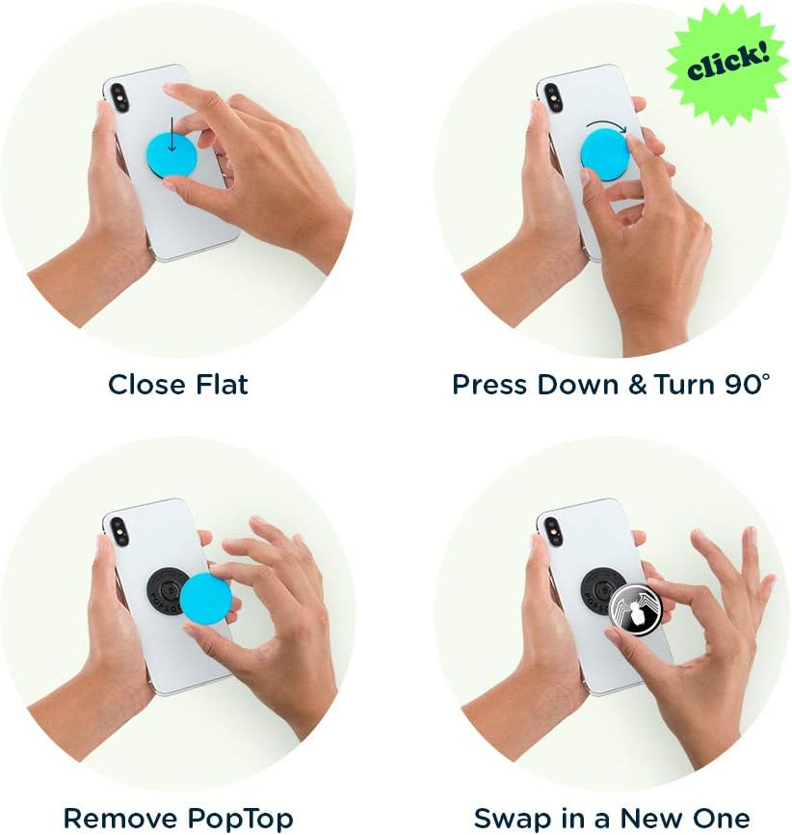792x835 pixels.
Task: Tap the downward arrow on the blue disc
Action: click(x=172, y=142)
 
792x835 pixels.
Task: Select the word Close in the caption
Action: click(x=144, y=385)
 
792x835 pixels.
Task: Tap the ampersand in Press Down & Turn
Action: click(x=637, y=385)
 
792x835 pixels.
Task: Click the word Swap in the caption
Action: click(x=509, y=819)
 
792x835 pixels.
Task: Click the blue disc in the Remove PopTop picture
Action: click(x=205, y=599)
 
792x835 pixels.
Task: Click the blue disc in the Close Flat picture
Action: click(x=172, y=154)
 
